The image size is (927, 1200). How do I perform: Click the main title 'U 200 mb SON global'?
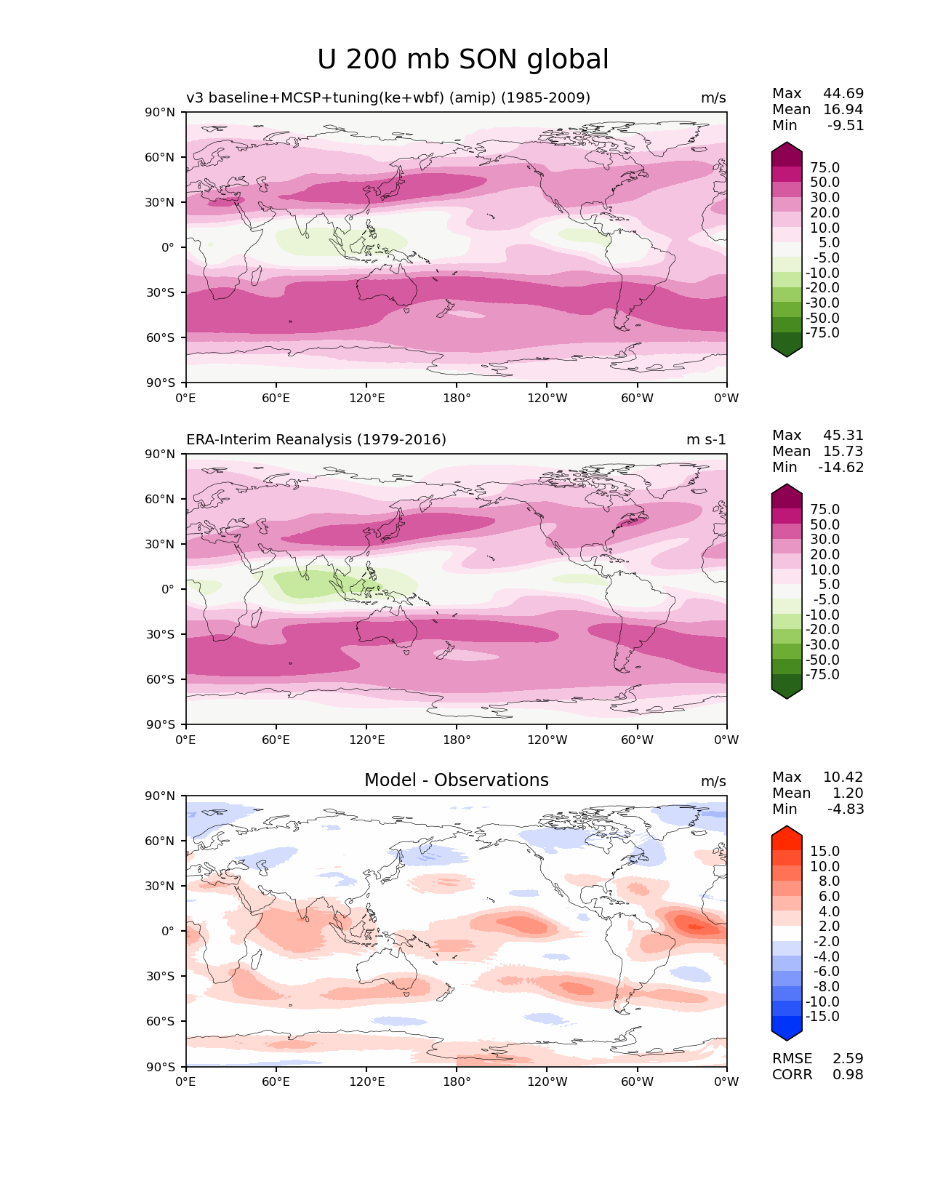463,60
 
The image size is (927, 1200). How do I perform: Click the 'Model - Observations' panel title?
456,780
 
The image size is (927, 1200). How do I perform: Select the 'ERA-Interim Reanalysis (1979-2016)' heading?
316,439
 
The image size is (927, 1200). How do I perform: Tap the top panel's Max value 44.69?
843,93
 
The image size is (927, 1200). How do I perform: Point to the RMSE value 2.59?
848,1058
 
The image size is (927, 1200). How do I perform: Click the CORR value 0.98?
848,1074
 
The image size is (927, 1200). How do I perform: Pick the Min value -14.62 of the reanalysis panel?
840,467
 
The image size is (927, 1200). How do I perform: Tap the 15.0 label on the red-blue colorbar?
824,851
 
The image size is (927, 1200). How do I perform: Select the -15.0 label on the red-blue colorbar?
822,1016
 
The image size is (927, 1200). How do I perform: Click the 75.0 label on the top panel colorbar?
824,167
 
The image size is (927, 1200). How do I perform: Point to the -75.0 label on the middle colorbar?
822,674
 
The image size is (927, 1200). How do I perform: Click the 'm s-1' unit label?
706,439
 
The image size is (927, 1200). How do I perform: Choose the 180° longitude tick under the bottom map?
457,1081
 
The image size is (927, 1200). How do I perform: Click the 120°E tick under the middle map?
366,740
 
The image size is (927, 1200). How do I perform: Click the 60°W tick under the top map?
637,398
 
